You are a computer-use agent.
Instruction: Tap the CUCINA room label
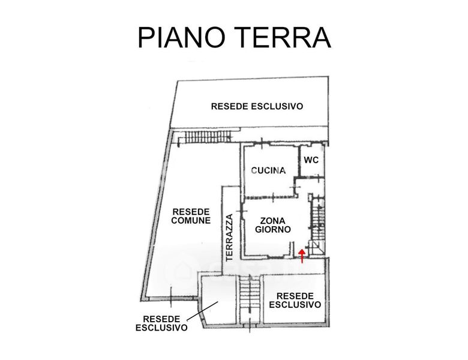[268, 170]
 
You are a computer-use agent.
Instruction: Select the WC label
[311, 160]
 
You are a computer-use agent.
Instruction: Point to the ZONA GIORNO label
[272, 224]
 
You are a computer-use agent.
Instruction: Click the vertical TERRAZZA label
[229, 236]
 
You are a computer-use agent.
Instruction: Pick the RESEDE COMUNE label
[191, 216]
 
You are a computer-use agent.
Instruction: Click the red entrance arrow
[302, 256]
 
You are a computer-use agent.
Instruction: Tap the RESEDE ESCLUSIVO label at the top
[257, 106]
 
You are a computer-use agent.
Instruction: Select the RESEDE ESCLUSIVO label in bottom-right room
[295, 300]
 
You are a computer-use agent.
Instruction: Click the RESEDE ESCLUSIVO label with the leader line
[161, 323]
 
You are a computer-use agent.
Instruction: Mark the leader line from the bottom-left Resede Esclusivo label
[202, 311]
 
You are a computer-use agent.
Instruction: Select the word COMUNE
[191, 220]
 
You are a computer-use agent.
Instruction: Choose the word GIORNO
[272, 229]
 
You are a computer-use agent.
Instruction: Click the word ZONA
[272, 220]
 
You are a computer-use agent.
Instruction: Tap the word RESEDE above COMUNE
[191, 211]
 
